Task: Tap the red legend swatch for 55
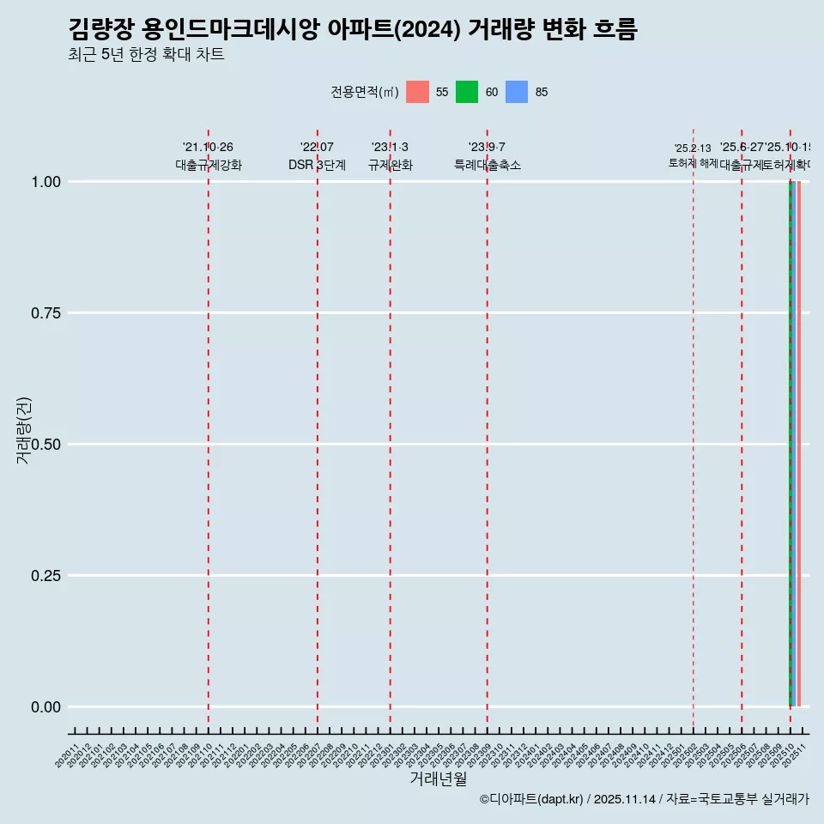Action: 417,92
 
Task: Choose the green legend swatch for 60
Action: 467,92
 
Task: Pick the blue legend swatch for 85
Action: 517,92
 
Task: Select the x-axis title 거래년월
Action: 438,779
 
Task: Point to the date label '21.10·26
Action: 208,148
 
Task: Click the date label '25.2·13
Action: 693,148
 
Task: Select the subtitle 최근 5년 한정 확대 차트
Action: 146,55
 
